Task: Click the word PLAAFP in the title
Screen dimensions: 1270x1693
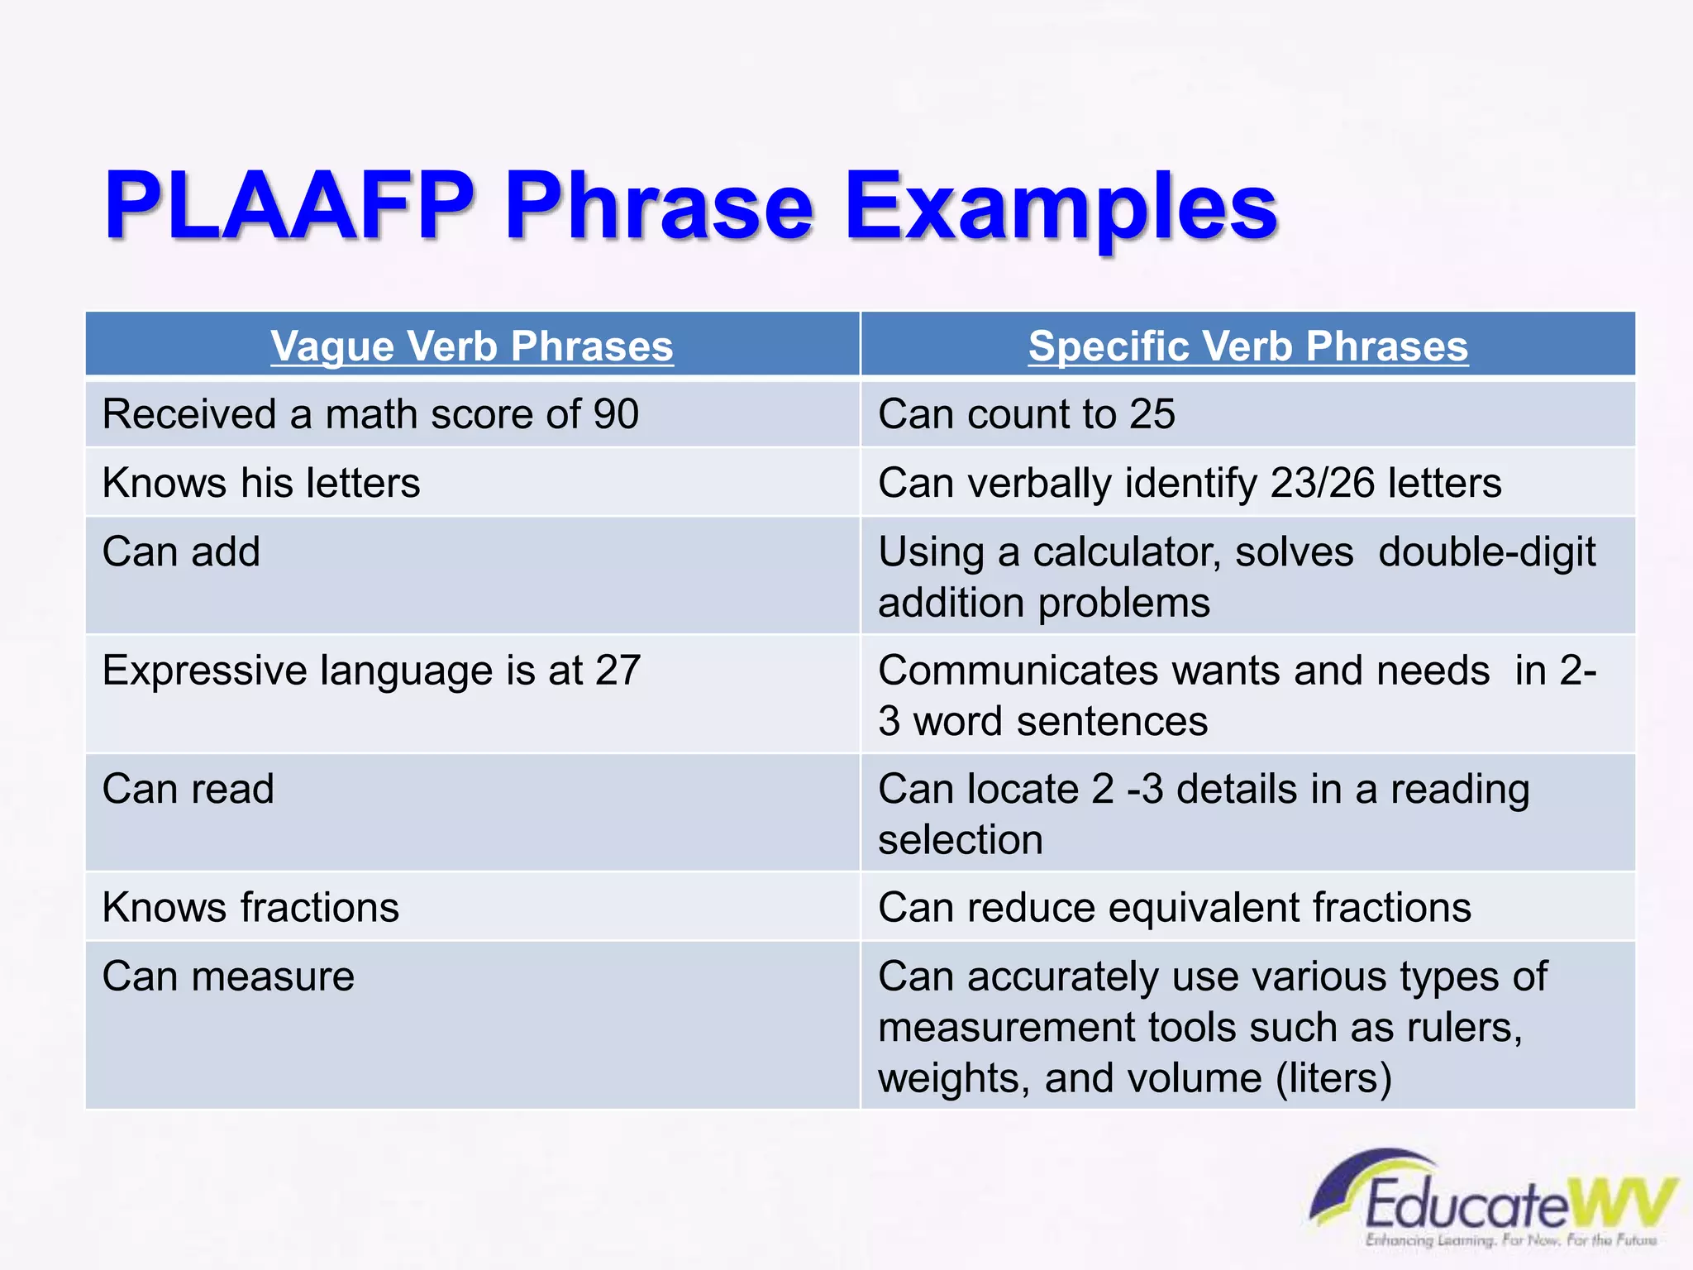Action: pyautogui.click(x=289, y=207)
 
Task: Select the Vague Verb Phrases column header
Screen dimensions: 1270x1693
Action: pyautogui.click(x=472, y=346)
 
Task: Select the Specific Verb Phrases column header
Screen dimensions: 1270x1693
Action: pyautogui.click(x=1247, y=346)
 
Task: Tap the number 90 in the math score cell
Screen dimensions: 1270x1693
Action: pyautogui.click(x=616, y=414)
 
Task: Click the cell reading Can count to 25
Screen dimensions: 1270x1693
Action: pyautogui.click(x=1026, y=414)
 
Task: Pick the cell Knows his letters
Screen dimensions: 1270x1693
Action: pyautogui.click(x=261, y=483)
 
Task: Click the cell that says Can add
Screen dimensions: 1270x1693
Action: pyautogui.click(x=181, y=551)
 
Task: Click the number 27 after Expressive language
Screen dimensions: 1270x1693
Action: pyautogui.click(x=618, y=671)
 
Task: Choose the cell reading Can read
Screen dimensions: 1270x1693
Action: pyautogui.click(x=188, y=789)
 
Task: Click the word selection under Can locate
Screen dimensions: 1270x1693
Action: pyautogui.click(x=961, y=840)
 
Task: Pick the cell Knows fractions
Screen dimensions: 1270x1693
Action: pyautogui.click(x=250, y=908)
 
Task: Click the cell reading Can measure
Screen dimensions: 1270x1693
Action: pyautogui.click(x=228, y=976)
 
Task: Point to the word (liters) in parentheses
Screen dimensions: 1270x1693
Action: pyautogui.click(x=1333, y=1079)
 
